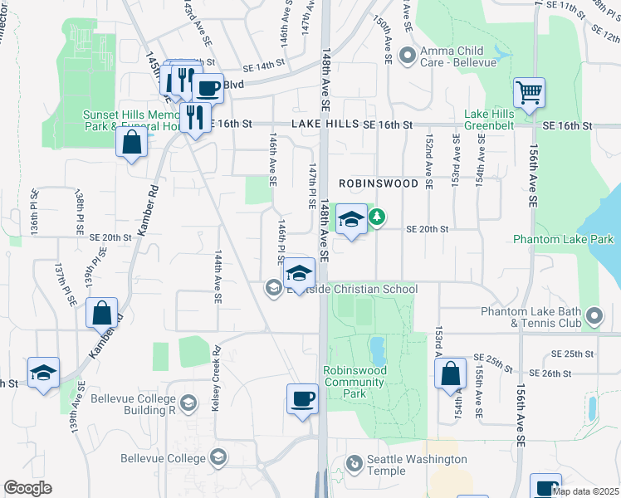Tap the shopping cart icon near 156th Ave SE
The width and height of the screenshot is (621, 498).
click(529, 92)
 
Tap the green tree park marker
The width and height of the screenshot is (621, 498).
click(378, 217)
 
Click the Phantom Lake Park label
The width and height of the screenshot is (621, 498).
click(562, 240)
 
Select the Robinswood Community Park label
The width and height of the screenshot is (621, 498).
click(355, 382)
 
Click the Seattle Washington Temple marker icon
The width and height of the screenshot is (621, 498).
click(355, 461)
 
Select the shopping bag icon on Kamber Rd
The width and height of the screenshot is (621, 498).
click(101, 314)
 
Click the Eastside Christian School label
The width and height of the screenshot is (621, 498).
click(352, 289)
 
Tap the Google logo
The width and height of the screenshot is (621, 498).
click(27, 488)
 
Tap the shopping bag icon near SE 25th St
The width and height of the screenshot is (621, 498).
click(450, 374)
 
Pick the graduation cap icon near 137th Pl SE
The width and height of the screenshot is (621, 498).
click(43, 372)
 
